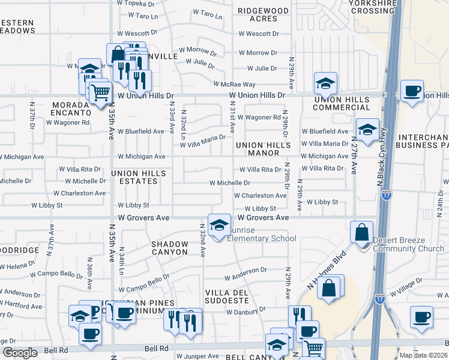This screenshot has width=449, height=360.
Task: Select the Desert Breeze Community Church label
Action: (x=408, y=244)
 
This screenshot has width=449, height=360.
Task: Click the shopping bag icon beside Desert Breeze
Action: (x=362, y=233)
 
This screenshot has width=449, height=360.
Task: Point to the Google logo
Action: (x=20, y=353)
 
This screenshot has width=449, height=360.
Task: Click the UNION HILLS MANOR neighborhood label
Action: (x=264, y=149)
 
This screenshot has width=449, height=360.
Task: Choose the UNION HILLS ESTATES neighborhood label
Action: (x=139, y=178)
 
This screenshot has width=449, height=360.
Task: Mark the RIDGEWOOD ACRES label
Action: (x=263, y=14)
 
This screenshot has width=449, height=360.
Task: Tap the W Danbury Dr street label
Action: (x=246, y=311)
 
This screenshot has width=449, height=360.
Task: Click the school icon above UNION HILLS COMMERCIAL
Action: (x=325, y=83)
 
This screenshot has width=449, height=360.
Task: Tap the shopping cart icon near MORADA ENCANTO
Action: (x=100, y=92)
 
